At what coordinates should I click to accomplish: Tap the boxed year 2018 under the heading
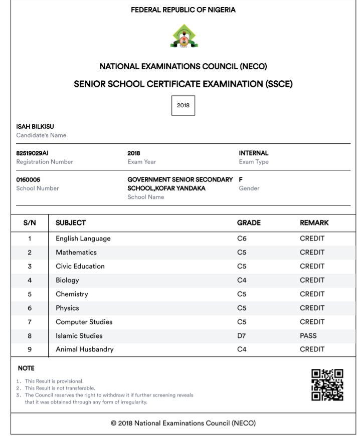pyautogui.click(x=183, y=106)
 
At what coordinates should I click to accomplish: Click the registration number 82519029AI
pyautogui.click(x=33, y=153)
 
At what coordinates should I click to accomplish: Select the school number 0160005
pyautogui.click(x=29, y=179)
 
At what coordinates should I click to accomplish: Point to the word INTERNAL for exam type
pyautogui.click(x=254, y=153)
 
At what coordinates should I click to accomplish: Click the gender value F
pyautogui.click(x=241, y=179)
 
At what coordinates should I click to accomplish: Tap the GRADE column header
pyautogui.click(x=249, y=223)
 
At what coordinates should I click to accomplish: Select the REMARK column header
pyautogui.click(x=314, y=223)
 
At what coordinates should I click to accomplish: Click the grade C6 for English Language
pyautogui.click(x=242, y=239)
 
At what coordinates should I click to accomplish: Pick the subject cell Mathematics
pyautogui.click(x=76, y=252)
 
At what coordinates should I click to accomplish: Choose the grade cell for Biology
pyautogui.click(x=242, y=280)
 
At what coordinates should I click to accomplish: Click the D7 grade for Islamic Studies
pyautogui.click(x=242, y=336)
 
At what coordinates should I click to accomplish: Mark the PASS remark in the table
pyautogui.click(x=308, y=336)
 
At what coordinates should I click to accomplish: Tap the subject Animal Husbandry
pyautogui.click(x=85, y=349)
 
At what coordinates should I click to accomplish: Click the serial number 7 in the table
pyautogui.click(x=30, y=322)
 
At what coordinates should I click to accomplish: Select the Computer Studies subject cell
pyautogui.click(x=84, y=322)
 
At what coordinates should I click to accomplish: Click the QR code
pyautogui.click(x=327, y=385)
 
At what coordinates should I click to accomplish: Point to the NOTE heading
pyautogui.click(x=26, y=368)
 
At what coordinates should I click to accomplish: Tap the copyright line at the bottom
pyautogui.click(x=183, y=423)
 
